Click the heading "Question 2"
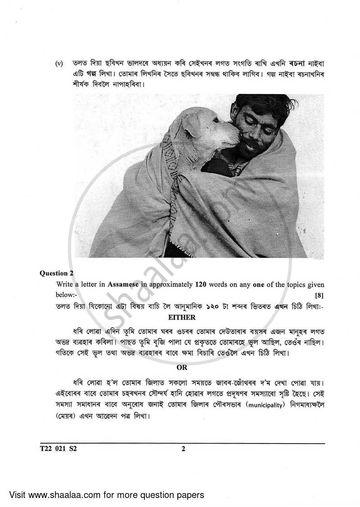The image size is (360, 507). coord(57,273)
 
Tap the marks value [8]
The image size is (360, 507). coord(319,295)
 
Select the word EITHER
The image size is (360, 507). coord(182,318)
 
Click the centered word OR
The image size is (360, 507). coord(182,368)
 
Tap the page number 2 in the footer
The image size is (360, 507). coord(183,449)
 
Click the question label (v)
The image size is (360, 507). coord(60,63)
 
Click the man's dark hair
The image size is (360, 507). coord(261,104)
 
